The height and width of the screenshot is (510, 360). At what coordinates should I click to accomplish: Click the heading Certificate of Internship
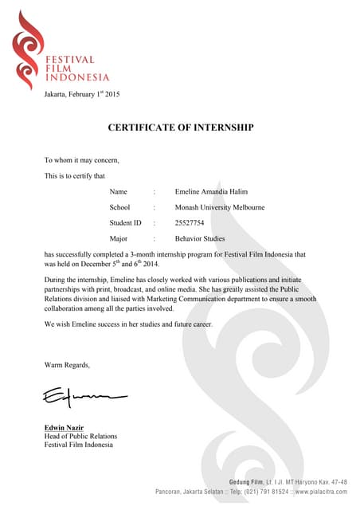click(x=180, y=127)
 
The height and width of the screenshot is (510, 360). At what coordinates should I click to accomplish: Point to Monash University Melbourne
click(x=220, y=207)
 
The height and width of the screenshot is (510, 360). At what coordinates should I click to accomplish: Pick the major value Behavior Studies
click(x=200, y=238)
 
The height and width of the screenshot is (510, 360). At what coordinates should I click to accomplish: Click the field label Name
click(x=119, y=192)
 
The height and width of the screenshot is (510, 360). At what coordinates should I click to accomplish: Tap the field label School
click(x=120, y=207)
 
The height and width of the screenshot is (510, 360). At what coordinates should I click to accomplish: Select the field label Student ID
click(x=125, y=222)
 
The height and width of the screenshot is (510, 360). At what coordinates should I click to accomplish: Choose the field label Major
click(x=119, y=238)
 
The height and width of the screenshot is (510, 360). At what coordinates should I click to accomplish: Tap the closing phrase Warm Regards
click(x=67, y=365)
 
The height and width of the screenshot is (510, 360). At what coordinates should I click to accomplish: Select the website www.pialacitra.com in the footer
click(x=321, y=492)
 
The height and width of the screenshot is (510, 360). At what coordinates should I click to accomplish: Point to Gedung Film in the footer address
click(x=247, y=482)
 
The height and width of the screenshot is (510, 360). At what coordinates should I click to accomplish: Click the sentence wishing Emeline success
click(x=128, y=325)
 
